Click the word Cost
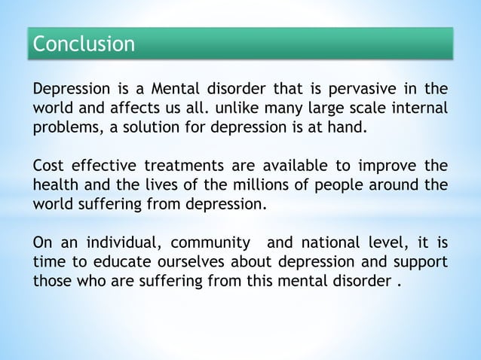pyautogui.click(x=47, y=166)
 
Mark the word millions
pyautogui.click(x=256, y=185)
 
